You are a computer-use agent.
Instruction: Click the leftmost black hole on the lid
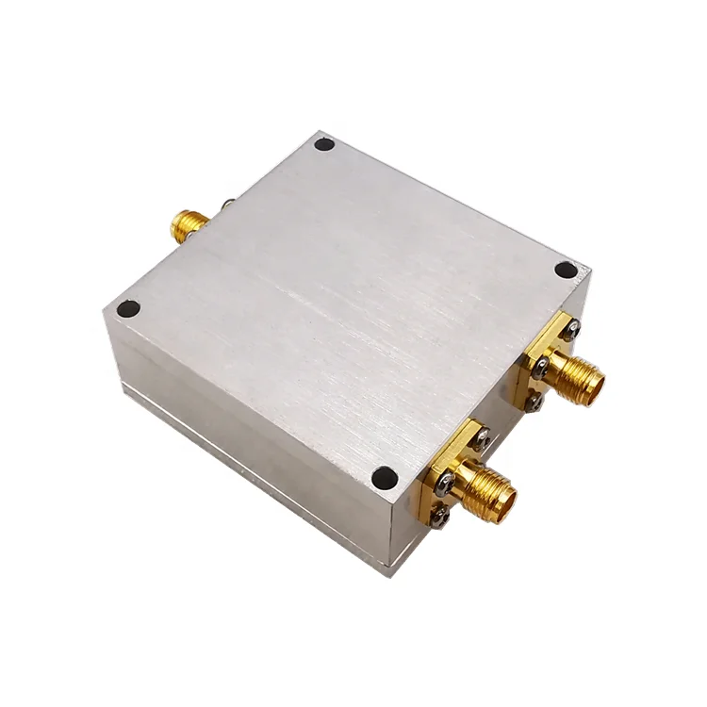[128, 308]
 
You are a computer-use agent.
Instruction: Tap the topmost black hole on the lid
[324, 144]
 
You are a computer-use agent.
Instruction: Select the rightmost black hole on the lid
[566, 270]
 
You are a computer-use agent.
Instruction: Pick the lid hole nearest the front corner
[384, 478]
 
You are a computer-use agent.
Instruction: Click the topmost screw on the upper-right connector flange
[572, 328]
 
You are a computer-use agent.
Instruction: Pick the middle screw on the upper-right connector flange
[540, 369]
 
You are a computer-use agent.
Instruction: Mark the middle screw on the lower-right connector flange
[446, 482]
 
